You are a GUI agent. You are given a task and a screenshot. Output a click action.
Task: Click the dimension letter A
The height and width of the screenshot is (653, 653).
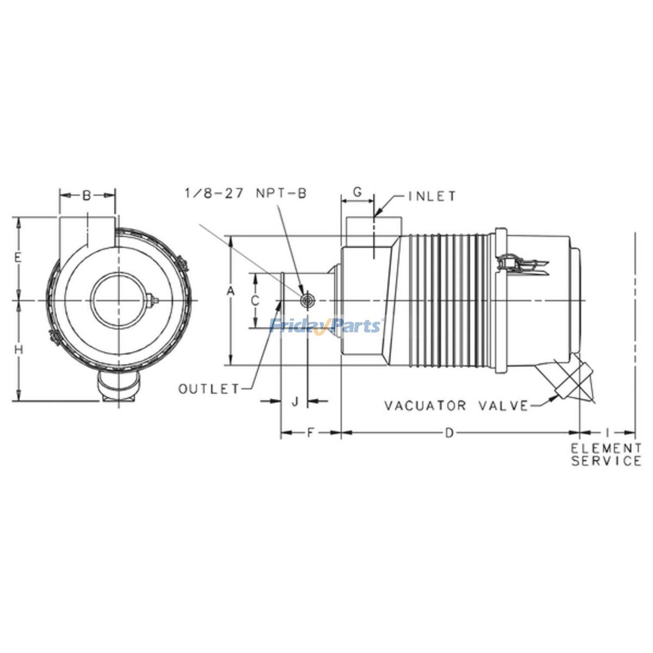click(231, 292)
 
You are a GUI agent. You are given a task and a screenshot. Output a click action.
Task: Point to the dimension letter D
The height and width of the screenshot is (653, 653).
click(449, 433)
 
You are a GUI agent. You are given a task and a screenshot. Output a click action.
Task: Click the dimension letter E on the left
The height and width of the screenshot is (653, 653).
click(18, 258)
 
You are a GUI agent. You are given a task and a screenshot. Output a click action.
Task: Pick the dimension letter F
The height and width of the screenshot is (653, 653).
click(310, 433)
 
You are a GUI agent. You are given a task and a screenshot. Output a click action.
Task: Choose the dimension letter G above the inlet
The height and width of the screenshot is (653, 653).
click(358, 192)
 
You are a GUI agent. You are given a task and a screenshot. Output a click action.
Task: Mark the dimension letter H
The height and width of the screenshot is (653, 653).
click(19, 350)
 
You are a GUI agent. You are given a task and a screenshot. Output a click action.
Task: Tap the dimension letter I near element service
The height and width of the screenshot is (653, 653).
click(607, 433)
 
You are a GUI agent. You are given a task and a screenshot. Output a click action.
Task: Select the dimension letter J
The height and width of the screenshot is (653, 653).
click(295, 402)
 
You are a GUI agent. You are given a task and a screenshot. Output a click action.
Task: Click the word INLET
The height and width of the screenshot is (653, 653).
click(433, 196)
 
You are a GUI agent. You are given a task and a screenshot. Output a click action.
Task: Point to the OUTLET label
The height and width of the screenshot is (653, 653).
click(209, 389)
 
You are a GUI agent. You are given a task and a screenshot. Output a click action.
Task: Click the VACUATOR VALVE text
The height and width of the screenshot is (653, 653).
click(456, 406)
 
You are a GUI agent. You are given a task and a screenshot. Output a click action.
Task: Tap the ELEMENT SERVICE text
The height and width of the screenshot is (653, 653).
click(606, 455)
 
